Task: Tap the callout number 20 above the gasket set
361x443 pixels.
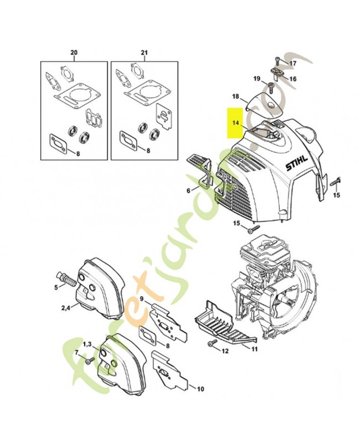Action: tap(74, 53)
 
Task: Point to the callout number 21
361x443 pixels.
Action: tap(145, 53)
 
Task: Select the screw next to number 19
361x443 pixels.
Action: tap(270, 87)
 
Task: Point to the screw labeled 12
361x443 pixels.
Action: tap(211, 345)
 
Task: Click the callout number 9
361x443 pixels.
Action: tap(142, 300)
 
